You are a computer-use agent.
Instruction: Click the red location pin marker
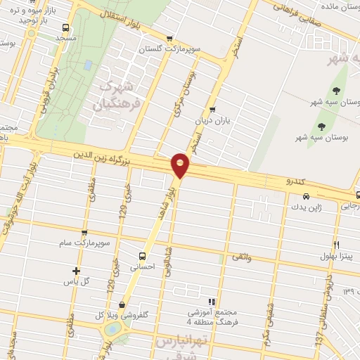click(181, 165)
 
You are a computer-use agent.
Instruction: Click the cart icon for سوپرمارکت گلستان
click(168, 39)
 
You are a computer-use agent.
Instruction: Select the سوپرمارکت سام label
click(87, 243)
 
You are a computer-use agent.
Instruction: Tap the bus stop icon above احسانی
click(142, 256)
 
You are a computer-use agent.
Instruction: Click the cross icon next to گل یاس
click(77, 271)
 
